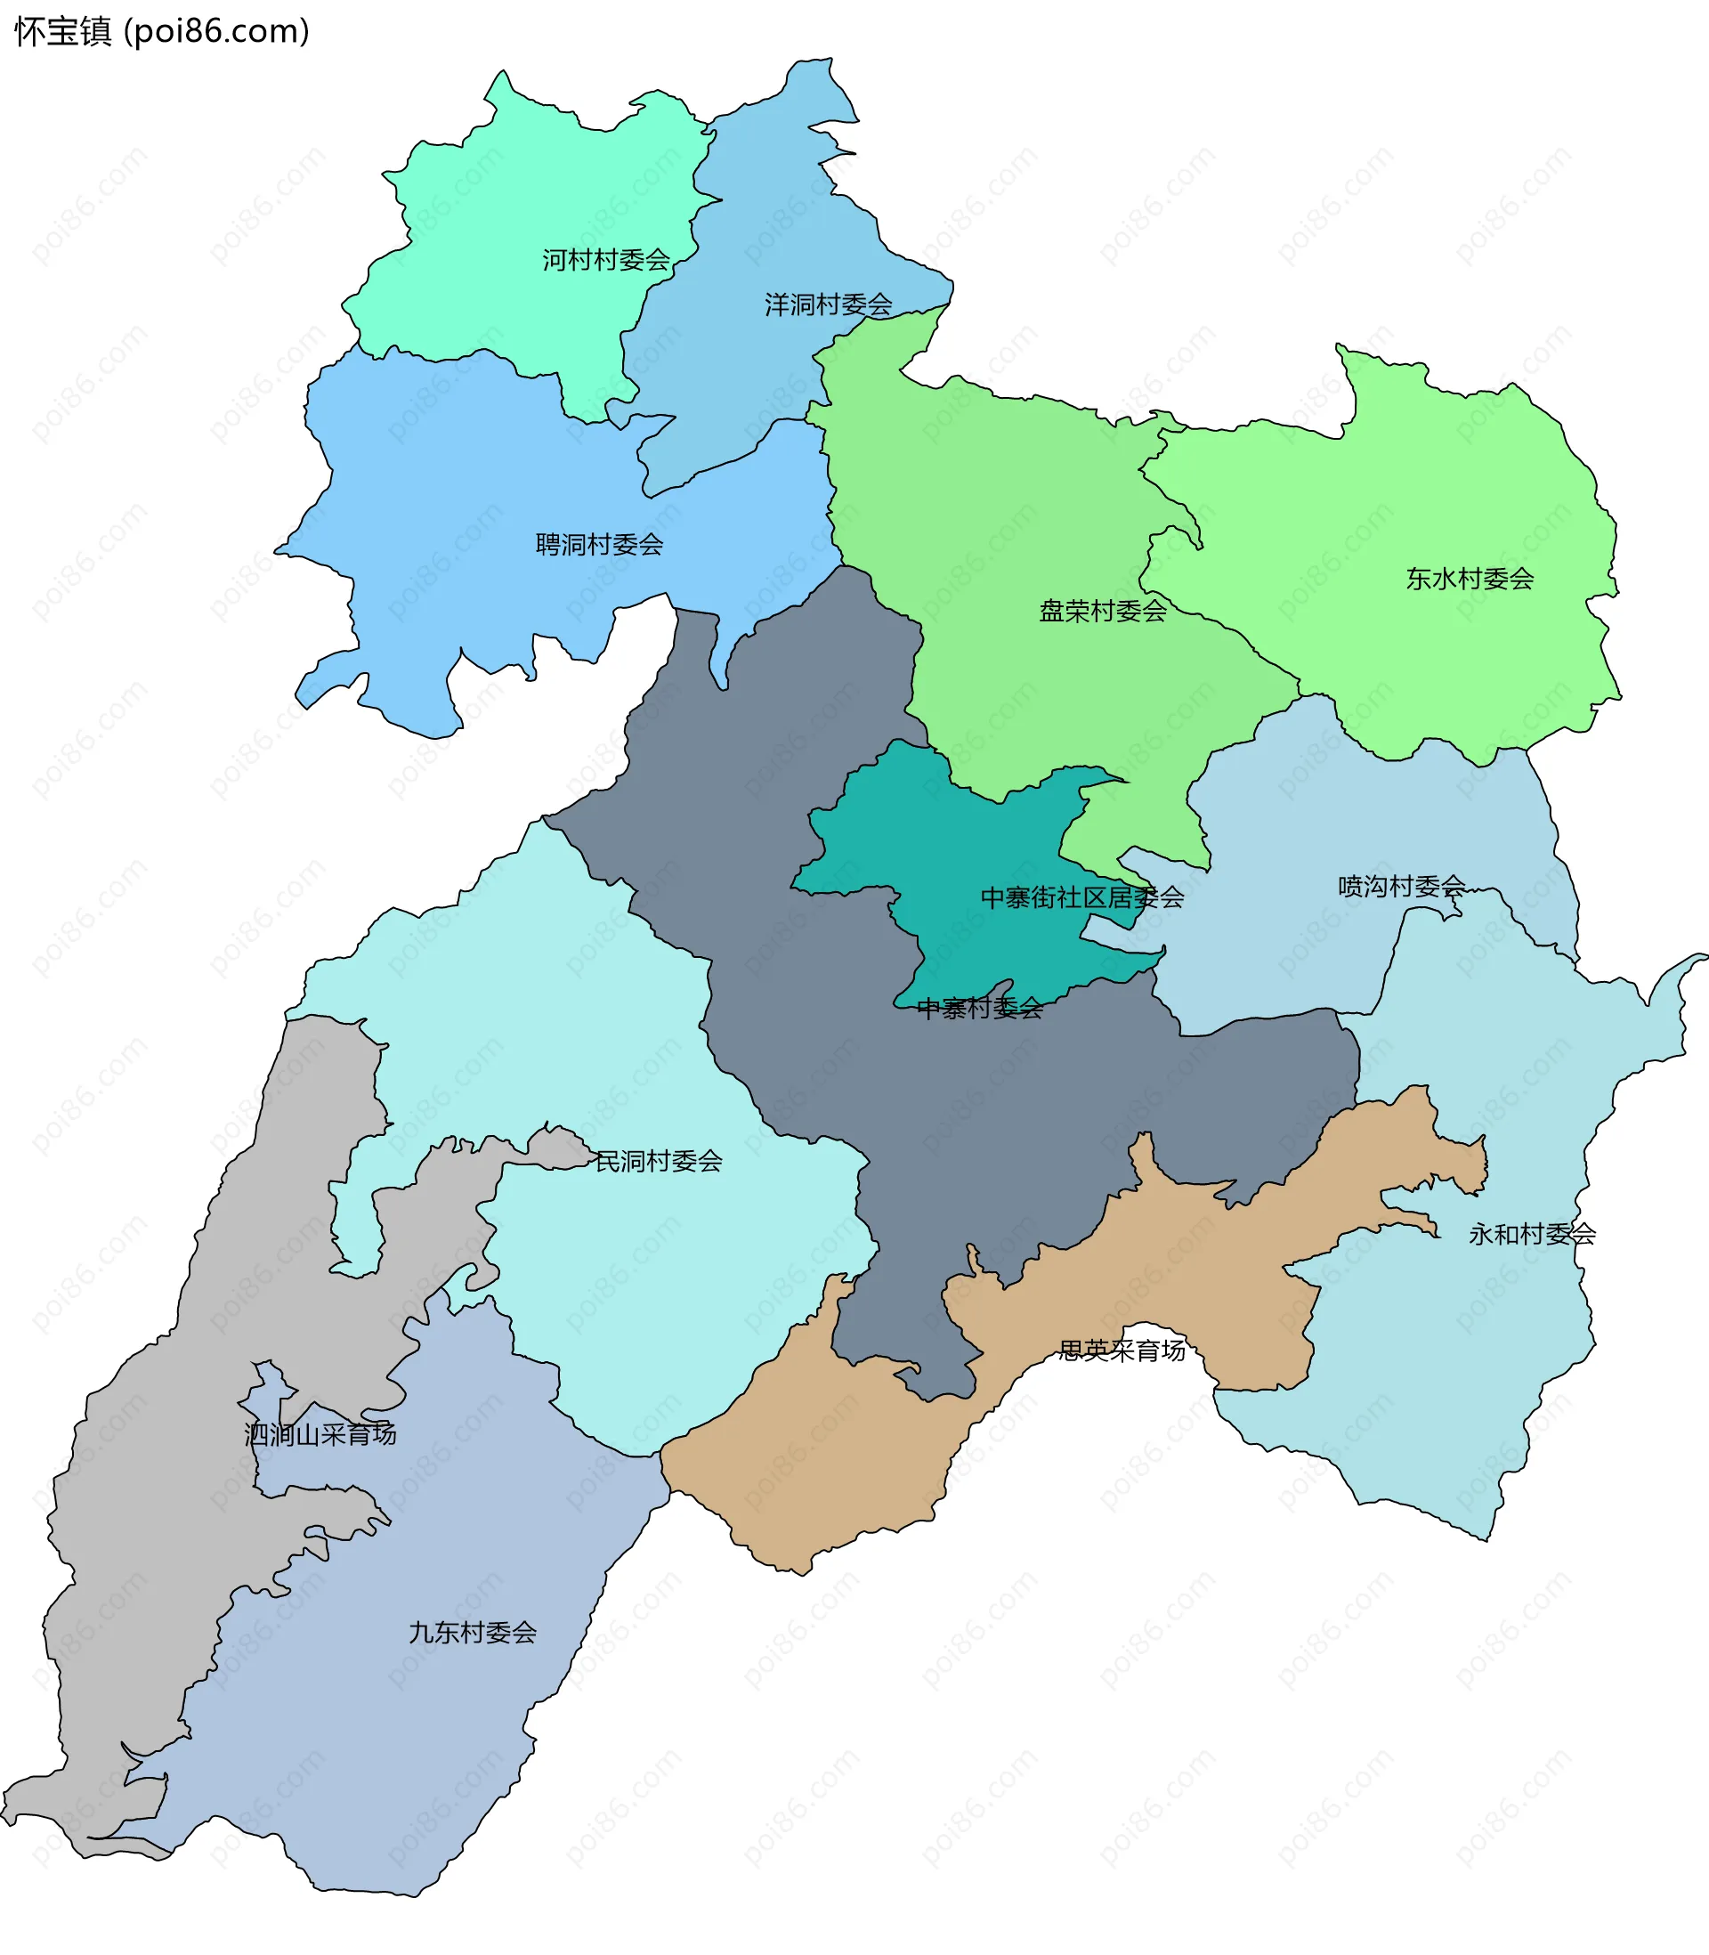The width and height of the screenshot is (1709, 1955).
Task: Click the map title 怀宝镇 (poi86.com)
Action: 162,31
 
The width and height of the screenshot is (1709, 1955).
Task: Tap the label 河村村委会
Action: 605,259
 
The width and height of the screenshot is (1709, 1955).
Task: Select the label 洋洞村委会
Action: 828,304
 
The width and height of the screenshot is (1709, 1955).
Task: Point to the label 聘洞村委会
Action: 599,545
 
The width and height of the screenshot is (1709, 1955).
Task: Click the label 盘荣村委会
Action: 1103,612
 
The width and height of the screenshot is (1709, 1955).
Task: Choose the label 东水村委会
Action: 1470,579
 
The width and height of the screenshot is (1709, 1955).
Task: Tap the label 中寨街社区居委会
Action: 1082,897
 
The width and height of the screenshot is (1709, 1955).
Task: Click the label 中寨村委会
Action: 979,1008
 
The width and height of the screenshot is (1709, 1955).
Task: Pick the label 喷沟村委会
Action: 1401,886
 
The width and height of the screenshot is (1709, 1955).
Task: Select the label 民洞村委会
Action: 658,1161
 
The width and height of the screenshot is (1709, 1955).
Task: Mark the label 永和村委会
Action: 1532,1234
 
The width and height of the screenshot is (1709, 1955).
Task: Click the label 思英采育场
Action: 1122,1350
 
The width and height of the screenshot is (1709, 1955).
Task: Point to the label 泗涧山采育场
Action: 320,1433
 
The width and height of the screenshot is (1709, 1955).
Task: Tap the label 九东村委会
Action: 472,1632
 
